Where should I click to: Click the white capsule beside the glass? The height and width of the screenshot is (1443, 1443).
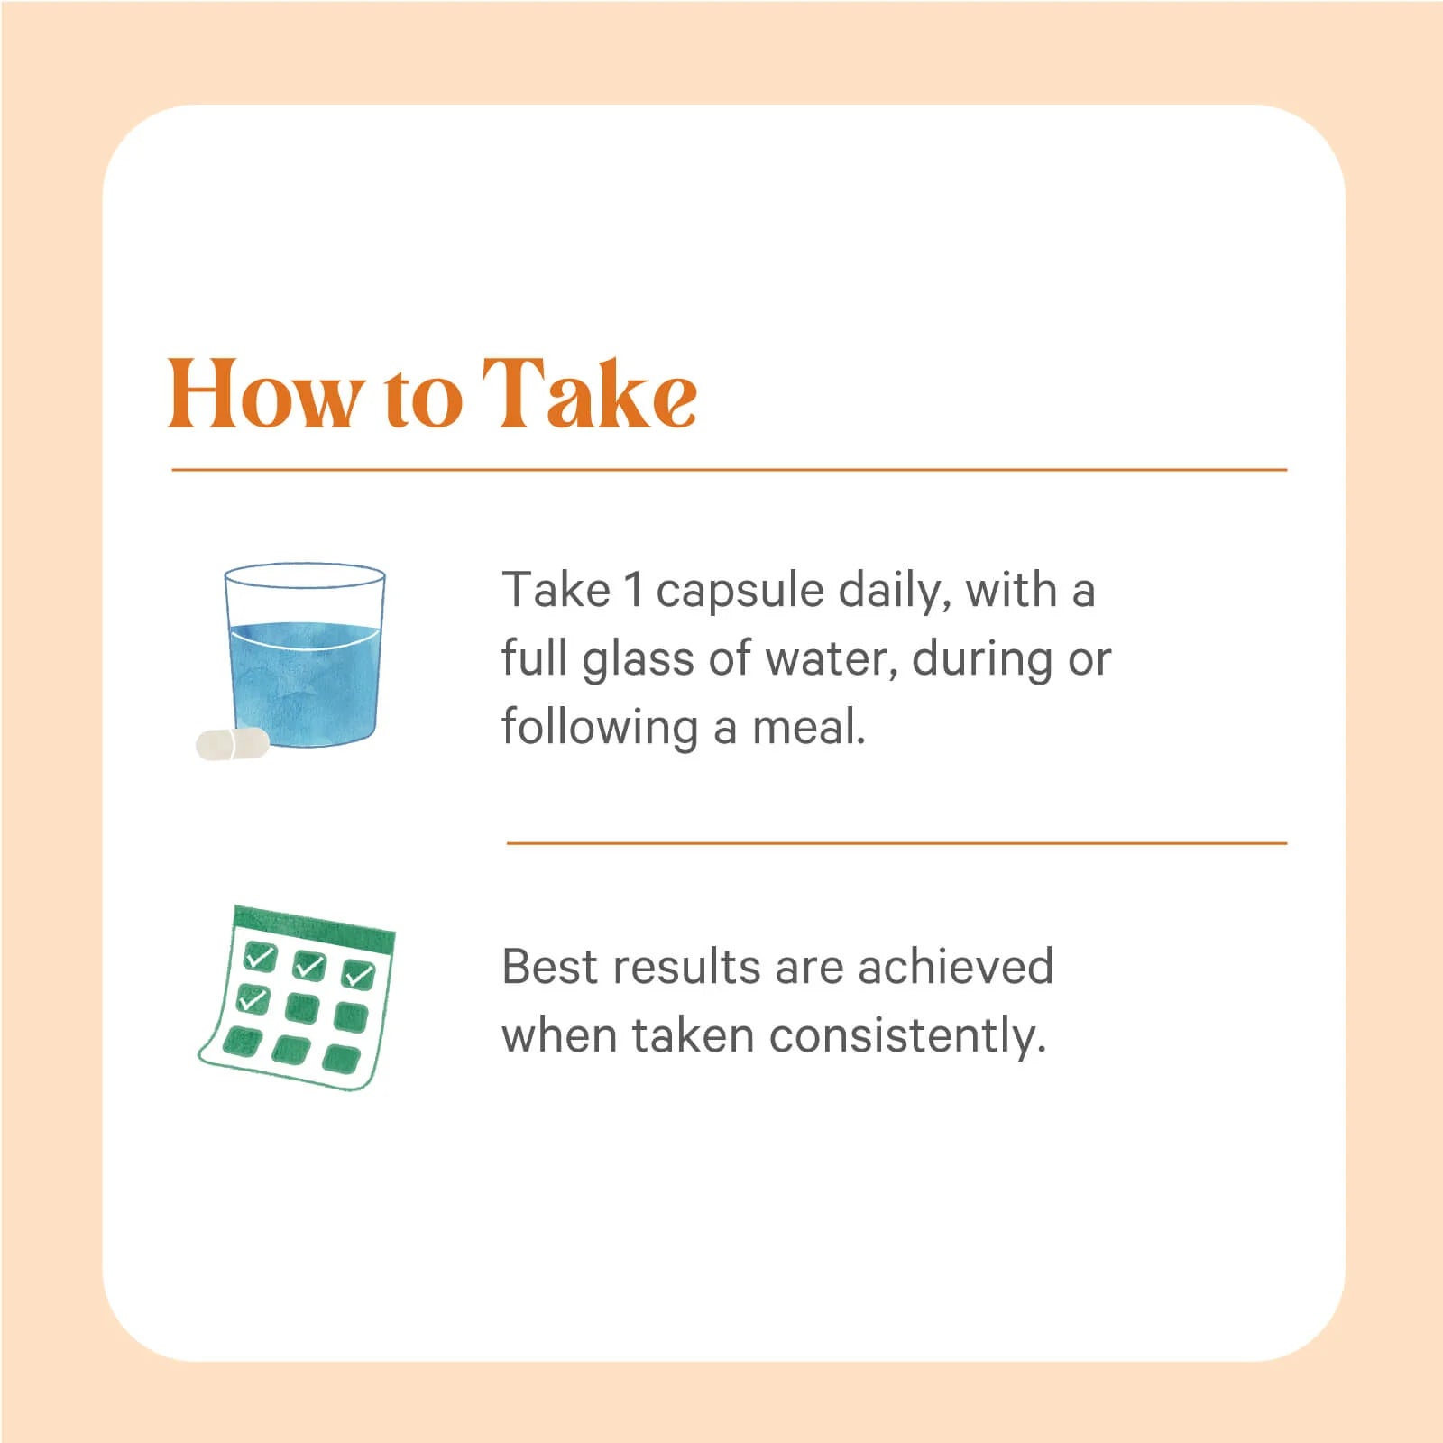[x=233, y=744]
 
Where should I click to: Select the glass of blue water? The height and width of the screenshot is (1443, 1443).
[x=305, y=656]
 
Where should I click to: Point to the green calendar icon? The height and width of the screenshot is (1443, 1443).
[x=297, y=997]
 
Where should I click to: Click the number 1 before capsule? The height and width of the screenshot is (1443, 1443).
[x=633, y=590]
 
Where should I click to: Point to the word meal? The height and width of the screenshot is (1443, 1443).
[x=809, y=727]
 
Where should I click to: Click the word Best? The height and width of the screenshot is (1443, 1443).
[x=547, y=967]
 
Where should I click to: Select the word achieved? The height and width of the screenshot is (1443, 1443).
[x=955, y=967]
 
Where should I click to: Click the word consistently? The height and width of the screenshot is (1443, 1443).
[x=908, y=1037]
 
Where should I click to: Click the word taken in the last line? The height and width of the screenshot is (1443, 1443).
[x=693, y=1035]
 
